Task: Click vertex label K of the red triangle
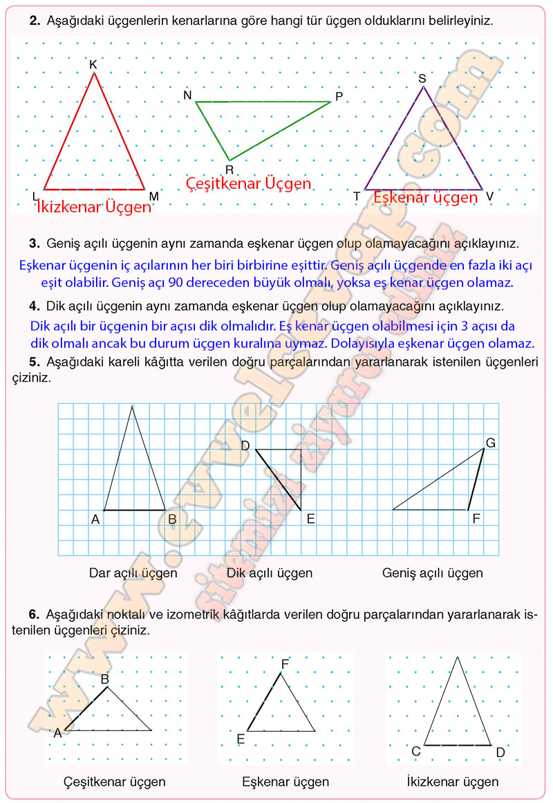pos(93,64)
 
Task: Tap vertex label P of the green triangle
pos(339,96)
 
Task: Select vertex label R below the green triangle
pos(229,169)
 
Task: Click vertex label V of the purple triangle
pos(489,196)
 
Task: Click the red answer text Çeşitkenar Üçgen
pos(249,184)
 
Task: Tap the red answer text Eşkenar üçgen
pos(425,198)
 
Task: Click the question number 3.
pos(34,243)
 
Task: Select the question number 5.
pos(34,361)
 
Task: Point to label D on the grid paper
pos(245,446)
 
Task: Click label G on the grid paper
pos(491,443)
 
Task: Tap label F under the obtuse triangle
pos(476,518)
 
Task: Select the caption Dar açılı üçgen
pos(133,573)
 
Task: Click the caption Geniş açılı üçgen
pos(433,573)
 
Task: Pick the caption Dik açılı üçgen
pos(270,573)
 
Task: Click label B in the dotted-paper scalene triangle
pos(105,679)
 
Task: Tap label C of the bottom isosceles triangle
pos(416,752)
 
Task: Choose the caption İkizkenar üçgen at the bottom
pos(453,782)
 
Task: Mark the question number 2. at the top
pos(34,21)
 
